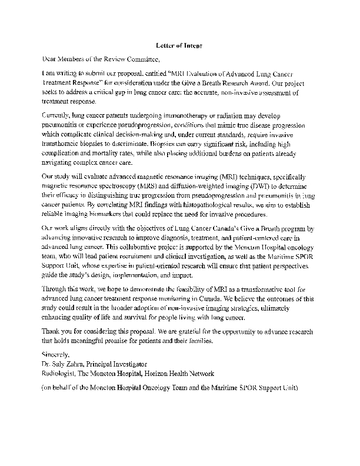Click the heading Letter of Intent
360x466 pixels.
tap(179, 45)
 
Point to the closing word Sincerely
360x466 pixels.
tap(56, 355)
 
